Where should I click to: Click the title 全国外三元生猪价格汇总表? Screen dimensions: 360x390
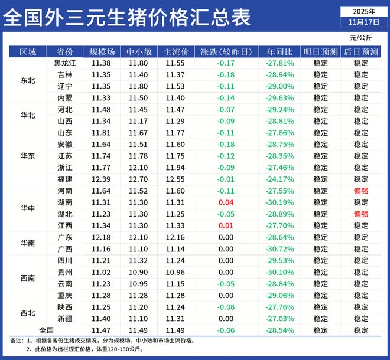coord(127,18)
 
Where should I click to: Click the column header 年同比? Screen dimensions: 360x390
coord(279,51)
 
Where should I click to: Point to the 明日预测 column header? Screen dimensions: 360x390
coord(321,51)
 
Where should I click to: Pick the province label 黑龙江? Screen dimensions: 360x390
coord(65,63)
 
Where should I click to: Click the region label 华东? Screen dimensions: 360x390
coord(28,156)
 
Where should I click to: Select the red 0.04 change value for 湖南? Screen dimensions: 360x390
coord(225,202)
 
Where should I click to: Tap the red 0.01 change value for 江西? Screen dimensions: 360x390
coord(225,225)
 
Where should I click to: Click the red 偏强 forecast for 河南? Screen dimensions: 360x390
coord(360,191)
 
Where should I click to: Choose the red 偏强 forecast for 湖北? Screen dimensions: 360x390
coord(360,214)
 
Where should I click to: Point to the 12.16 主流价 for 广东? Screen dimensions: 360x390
coord(175,237)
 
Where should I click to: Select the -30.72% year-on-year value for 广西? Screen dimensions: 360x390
coord(279,248)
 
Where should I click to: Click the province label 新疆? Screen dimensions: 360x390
coord(65,318)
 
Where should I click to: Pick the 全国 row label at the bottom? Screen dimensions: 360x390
coord(46,330)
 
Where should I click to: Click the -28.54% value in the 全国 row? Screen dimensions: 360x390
coord(279,330)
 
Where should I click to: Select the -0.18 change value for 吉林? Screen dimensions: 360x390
coord(225,74)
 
